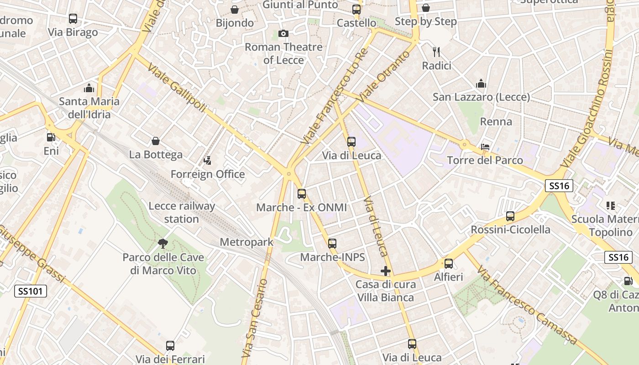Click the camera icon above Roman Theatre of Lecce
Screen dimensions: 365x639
coord(283,34)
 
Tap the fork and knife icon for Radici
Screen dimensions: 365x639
coord(436,52)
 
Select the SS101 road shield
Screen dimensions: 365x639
coord(31,291)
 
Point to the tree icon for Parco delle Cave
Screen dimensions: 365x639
coord(162,244)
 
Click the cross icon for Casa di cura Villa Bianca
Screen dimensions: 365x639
coord(386,271)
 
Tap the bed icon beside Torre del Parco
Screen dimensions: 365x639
coord(485,147)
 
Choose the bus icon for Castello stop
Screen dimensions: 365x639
coord(356,9)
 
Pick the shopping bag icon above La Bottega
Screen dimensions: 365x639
coord(156,141)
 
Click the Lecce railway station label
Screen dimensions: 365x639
coord(182,213)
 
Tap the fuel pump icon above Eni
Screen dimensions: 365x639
coord(51,137)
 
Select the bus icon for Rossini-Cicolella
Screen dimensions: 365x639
coord(510,216)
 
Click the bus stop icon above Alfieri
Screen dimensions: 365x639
coord(449,264)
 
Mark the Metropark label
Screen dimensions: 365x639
coord(246,242)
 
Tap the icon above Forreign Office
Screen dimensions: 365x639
coord(208,161)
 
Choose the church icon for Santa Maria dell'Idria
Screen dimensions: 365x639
coord(89,88)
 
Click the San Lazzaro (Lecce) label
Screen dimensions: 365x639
coord(481,97)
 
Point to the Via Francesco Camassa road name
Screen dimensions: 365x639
coord(527,306)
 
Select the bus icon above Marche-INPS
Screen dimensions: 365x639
coord(332,244)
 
